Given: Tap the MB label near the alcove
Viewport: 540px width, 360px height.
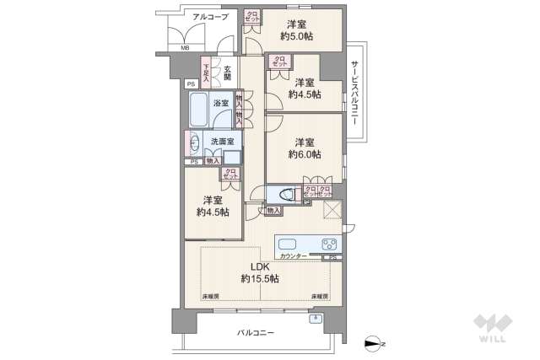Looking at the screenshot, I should click(x=185, y=48).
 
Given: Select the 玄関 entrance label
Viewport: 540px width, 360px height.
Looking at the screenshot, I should click(x=227, y=73).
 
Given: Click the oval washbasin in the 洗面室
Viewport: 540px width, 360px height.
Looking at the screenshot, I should click(x=194, y=142).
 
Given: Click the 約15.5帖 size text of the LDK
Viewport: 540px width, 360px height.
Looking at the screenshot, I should click(x=260, y=278).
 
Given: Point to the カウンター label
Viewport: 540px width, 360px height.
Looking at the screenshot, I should click(x=294, y=255).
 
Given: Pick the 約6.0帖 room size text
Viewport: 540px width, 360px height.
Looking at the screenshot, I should click(x=304, y=154).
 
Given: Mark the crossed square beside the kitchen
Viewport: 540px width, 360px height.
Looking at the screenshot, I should click(x=331, y=212).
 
